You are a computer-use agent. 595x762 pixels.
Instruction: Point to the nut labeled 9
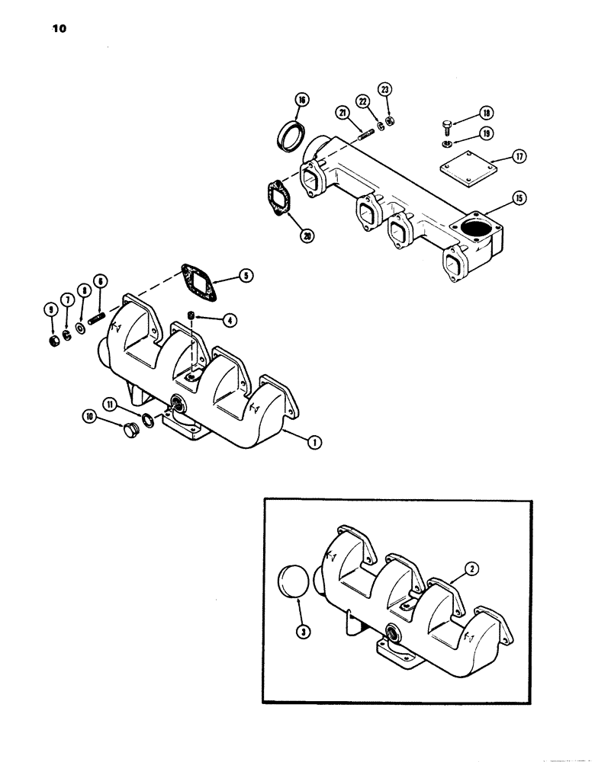point(52,335)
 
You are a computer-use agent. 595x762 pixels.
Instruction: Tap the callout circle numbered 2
point(452,568)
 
